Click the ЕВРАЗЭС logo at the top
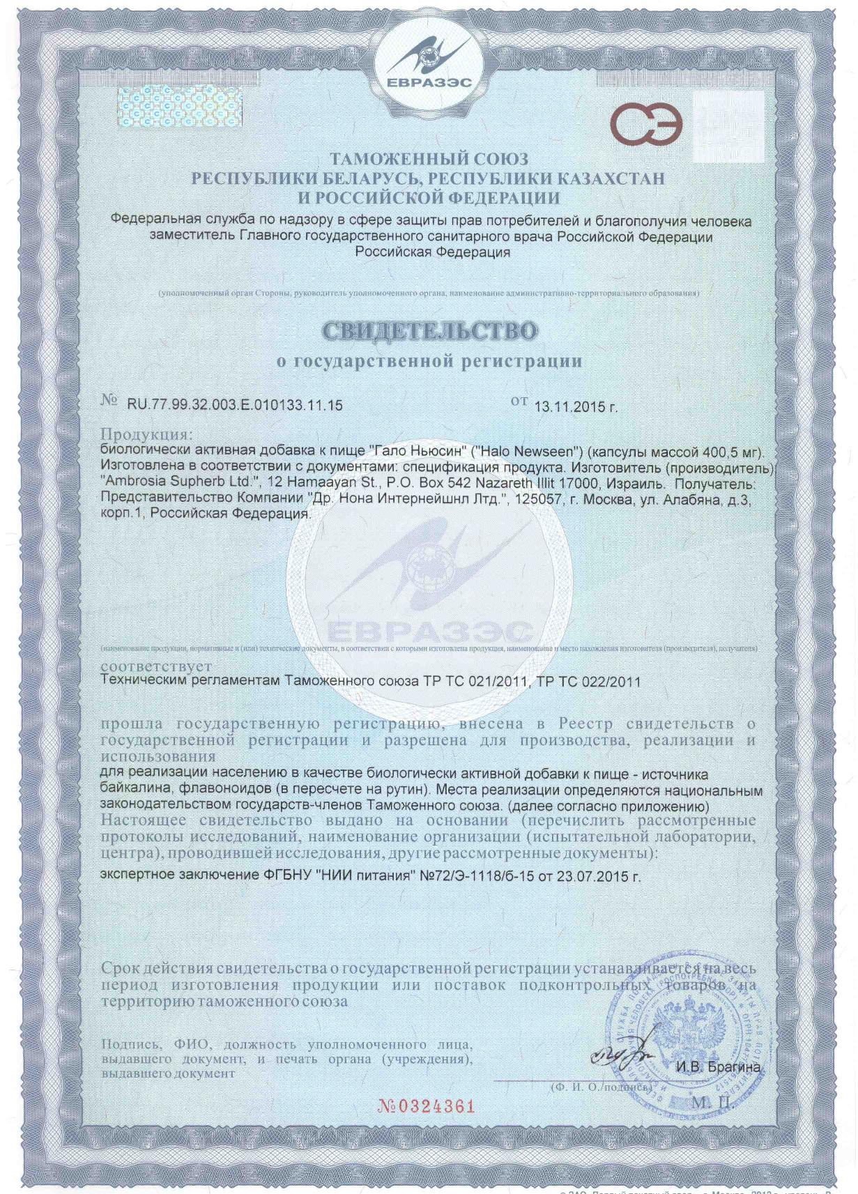pos(428,61)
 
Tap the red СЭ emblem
pos(646,125)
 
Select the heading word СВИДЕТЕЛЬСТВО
pos(430,330)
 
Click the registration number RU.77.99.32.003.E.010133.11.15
pos(234,405)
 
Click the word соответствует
pos(156,667)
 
